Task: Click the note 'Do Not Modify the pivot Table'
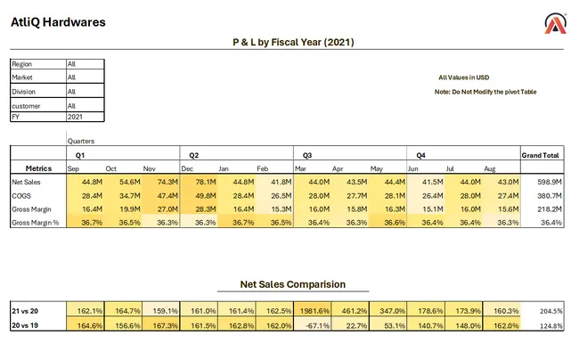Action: pos(485,92)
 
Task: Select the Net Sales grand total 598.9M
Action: pos(546,182)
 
